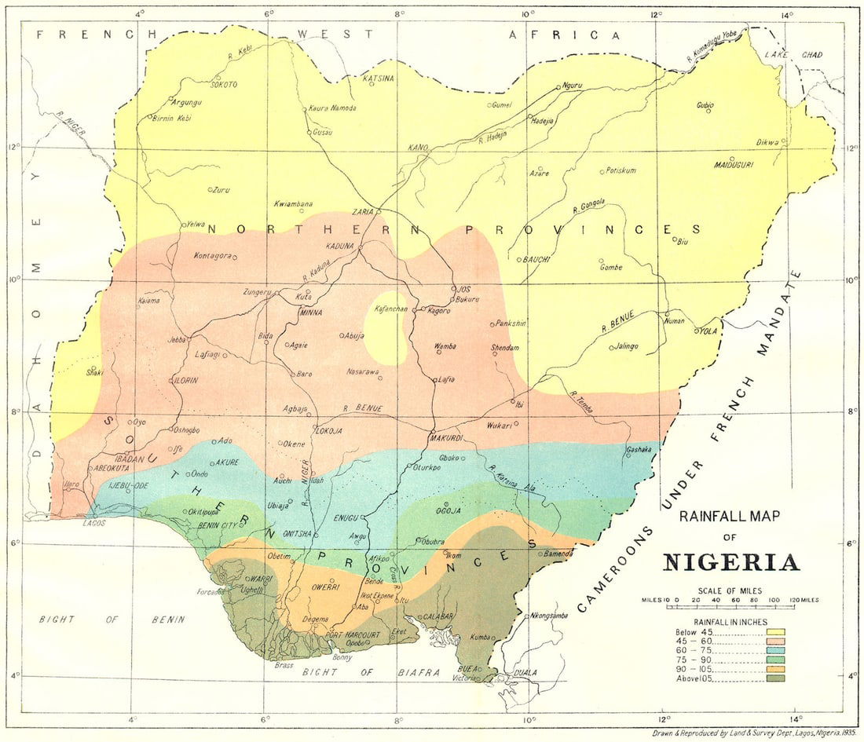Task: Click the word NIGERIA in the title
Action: pos(731,562)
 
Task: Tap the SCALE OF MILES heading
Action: pos(730,590)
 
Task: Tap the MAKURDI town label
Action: pos(444,437)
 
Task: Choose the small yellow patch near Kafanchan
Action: pos(386,330)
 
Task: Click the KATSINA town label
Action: pos(377,79)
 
